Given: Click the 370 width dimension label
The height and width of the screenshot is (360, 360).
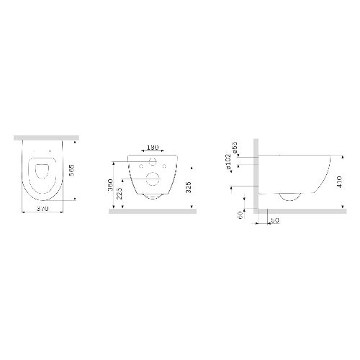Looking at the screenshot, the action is click(42, 209).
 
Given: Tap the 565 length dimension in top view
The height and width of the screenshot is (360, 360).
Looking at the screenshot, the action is click(71, 170).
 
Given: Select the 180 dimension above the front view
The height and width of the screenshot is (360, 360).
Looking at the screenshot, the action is click(153, 147).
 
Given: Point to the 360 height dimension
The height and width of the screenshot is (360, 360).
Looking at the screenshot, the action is click(110, 184).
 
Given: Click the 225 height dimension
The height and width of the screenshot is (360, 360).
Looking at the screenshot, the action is click(120, 193).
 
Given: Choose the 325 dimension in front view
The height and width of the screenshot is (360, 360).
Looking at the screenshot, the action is click(189, 187).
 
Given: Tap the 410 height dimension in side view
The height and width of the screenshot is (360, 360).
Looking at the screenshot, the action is click(339, 181).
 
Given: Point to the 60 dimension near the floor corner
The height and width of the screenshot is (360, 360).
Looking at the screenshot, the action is click(240, 214).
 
